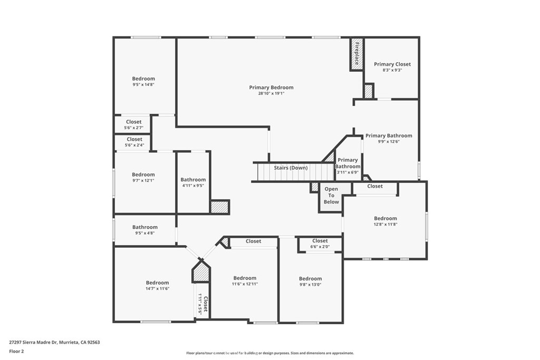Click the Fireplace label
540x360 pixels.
(357, 54)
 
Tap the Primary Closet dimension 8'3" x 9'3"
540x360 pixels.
(392, 70)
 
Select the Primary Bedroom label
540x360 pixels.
(272, 87)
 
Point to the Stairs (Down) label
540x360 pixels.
(291, 168)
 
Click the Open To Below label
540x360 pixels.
(331, 196)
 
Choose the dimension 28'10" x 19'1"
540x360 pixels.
(272, 93)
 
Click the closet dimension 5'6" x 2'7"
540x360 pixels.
(133, 128)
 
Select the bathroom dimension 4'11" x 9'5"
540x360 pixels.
(193, 186)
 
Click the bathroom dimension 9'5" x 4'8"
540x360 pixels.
(145, 233)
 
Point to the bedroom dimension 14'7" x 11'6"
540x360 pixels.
(157, 289)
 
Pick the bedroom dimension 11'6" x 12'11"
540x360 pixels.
(245, 284)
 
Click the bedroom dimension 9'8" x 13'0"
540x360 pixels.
(310, 285)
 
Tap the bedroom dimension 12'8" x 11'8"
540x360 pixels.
(385, 225)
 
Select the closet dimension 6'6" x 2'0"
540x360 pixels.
(320, 247)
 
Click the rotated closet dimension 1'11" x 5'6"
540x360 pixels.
(200, 304)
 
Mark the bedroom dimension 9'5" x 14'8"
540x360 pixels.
(143, 84)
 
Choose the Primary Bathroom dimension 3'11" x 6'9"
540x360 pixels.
(348, 172)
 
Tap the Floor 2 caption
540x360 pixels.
(16, 352)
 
